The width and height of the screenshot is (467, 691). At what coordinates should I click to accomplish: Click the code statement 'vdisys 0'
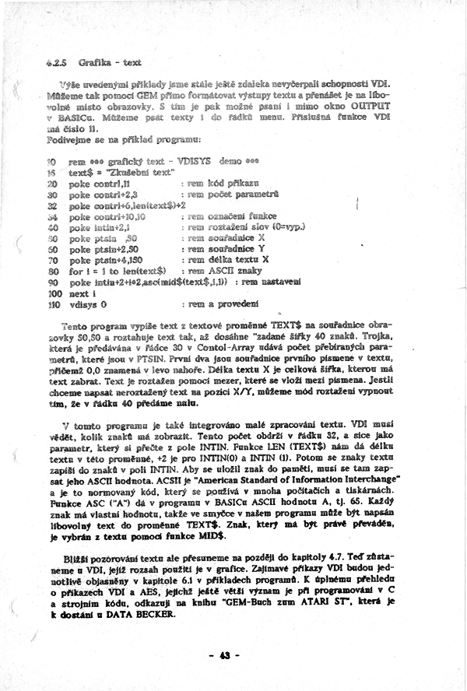pos(87,307)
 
